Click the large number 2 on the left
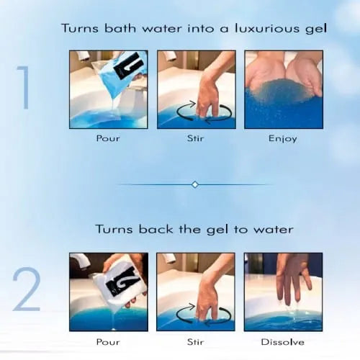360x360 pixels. (26, 290)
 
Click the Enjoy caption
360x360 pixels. (283, 138)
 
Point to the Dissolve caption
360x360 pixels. (283, 341)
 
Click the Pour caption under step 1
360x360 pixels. (108, 138)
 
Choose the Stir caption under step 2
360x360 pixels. (195, 341)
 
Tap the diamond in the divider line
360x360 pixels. (194, 184)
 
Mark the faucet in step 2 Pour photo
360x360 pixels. (79, 260)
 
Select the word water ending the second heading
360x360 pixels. (274, 229)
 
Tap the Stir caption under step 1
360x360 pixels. (195, 138)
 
